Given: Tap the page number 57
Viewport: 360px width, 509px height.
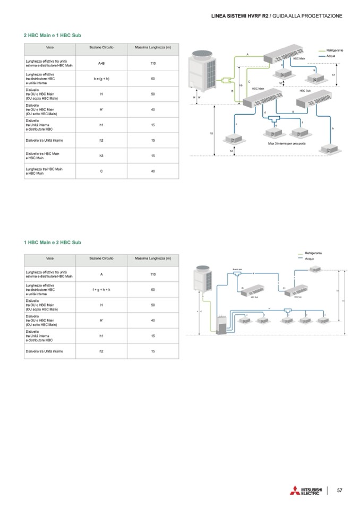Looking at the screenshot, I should tap(340, 490).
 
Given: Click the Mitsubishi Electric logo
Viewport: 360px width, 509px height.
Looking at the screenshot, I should tap(305, 490).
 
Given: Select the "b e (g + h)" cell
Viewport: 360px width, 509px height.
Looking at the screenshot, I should tap(101, 79).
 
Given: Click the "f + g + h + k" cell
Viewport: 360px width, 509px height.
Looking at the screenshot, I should tap(101, 290).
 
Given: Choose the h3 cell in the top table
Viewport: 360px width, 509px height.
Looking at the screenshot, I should tap(101, 156).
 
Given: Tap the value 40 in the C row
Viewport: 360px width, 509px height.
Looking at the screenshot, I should tap(153, 171).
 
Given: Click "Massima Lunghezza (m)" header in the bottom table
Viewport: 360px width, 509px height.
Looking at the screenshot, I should tap(153, 258).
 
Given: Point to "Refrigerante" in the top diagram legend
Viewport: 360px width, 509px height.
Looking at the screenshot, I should tap(335, 50).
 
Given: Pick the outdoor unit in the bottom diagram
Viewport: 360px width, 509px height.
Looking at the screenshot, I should tap(203, 281).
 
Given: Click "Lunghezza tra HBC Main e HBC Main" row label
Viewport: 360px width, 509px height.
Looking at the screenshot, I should tap(42, 171).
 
